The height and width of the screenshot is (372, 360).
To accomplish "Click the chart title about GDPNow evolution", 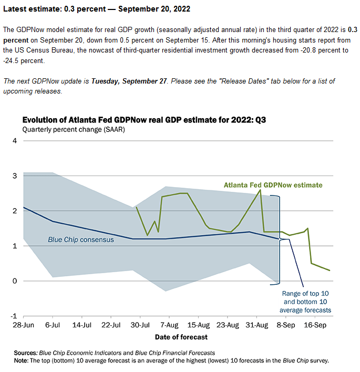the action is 144,120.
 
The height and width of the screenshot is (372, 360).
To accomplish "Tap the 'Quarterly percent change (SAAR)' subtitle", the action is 74,130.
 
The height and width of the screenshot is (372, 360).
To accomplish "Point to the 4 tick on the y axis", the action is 15,141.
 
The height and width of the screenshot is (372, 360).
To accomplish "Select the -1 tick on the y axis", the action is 14,316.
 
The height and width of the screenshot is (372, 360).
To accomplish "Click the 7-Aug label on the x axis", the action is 169,325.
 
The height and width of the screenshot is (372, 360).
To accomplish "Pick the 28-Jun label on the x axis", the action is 23,325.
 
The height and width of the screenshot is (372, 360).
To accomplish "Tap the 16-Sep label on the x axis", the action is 315,325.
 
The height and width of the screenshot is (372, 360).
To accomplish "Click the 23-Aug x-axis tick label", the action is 228,325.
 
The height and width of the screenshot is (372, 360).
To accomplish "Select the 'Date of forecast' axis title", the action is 181,337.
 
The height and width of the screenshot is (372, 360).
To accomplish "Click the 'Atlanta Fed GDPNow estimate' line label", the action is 273,185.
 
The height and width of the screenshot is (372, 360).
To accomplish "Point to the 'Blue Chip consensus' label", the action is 81,240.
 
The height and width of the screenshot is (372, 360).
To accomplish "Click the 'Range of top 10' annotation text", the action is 305,294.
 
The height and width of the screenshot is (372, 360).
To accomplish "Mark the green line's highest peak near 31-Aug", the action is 260,190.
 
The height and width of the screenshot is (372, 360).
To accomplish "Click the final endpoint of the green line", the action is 330,271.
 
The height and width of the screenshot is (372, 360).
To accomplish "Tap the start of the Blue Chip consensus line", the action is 24,208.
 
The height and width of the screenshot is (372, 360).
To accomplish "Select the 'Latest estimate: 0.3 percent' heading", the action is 54,9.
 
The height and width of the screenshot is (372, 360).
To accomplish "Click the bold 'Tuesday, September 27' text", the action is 129,81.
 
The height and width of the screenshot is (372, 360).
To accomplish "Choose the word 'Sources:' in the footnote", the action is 26,353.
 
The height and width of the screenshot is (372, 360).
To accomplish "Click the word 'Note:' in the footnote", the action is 21,360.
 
